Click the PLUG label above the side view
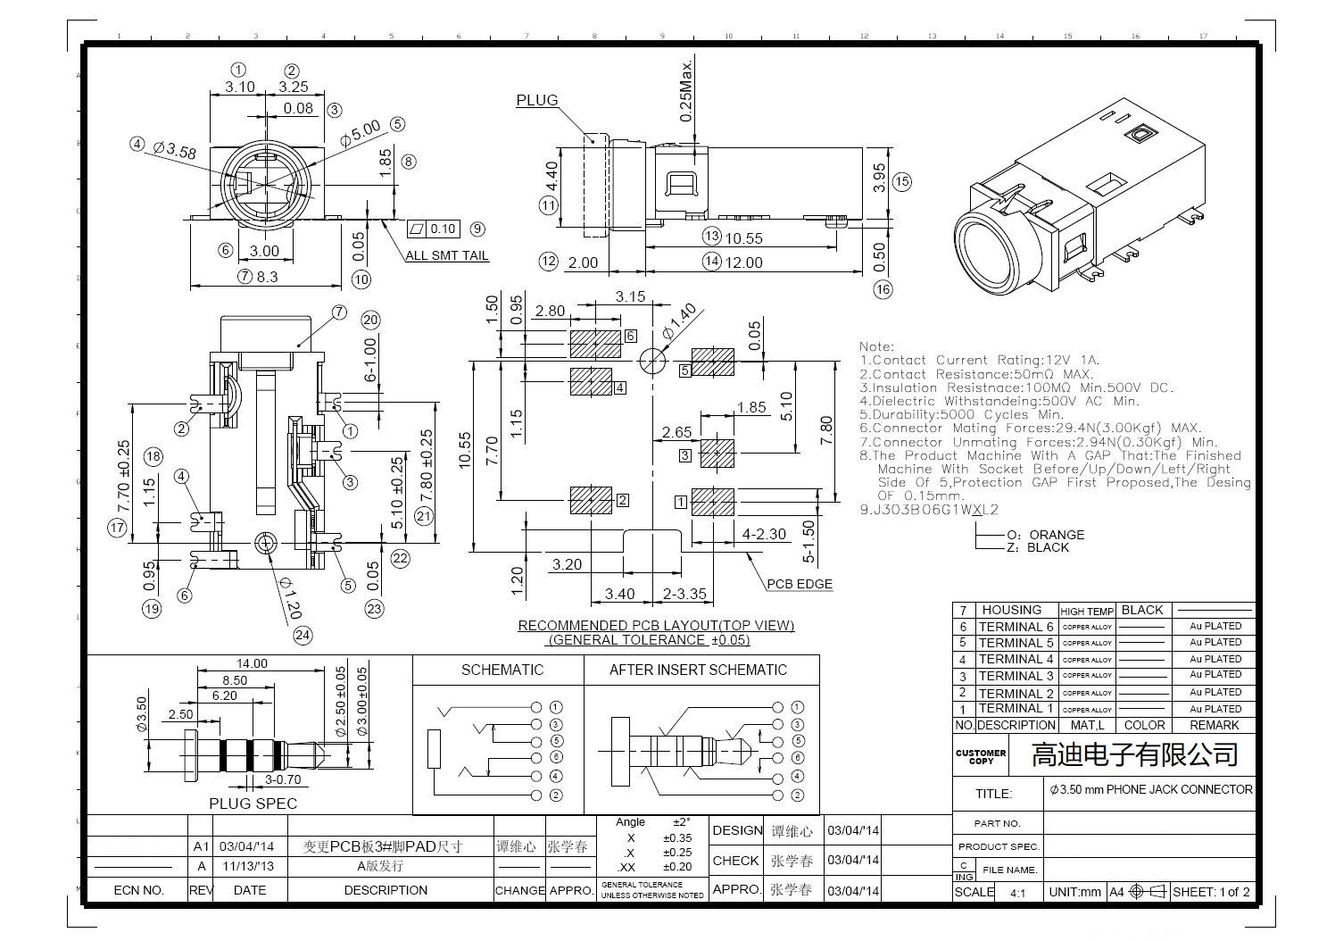pos(536,100)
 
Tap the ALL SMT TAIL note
pos(447,255)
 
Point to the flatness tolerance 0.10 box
pos(434,229)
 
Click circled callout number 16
pos(883,289)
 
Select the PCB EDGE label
pos(800,584)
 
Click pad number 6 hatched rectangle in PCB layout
pos(595,341)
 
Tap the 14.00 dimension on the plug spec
pos(252,663)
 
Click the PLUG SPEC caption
pos(253,804)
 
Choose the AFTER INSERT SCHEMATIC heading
pos(698,670)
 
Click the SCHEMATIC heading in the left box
pos(502,670)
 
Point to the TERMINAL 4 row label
pos(1016,659)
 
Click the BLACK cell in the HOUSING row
pos(1142,610)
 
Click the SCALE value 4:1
pos(1017,892)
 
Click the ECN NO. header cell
pos(138,890)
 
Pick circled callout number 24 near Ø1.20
pos(303,635)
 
